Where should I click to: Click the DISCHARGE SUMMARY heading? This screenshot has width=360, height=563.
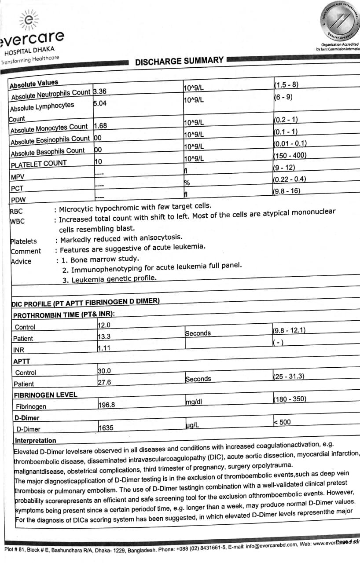(x=179, y=61)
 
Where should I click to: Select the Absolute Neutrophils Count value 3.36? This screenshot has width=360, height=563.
(x=101, y=92)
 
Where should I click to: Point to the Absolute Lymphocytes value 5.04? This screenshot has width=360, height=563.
(x=100, y=103)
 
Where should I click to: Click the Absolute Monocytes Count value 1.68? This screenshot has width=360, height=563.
(x=101, y=126)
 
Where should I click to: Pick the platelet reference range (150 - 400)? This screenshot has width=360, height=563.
(x=290, y=155)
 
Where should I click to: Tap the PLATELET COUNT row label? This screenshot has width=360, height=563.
(x=39, y=164)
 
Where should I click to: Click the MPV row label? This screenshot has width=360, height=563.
(x=18, y=177)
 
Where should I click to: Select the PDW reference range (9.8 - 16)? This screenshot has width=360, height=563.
(x=287, y=191)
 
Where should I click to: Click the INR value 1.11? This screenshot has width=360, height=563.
(x=104, y=347)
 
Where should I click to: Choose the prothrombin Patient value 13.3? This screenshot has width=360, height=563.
(x=104, y=336)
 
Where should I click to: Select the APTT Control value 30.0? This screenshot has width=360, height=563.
(x=104, y=371)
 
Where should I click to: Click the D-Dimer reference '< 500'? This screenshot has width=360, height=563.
(x=282, y=422)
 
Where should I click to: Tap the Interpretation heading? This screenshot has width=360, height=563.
(x=36, y=440)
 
